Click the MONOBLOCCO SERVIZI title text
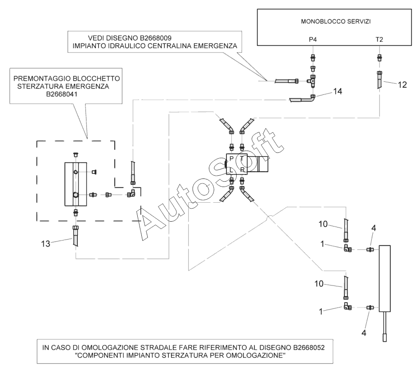(x=336, y=22)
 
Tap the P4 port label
(x=313, y=40)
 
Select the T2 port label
(x=379, y=40)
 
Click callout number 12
(x=402, y=85)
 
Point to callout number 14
(x=338, y=91)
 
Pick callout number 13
(x=45, y=243)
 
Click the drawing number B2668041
(x=62, y=94)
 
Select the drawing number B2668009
(x=156, y=38)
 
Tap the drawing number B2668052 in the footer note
(x=309, y=348)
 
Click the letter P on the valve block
(x=231, y=159)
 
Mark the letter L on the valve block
(x=231, y=170)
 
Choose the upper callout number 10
(x=323, y=224)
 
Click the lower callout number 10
(x=319, y=284)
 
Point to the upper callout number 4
(x=374, y=228)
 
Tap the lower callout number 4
(x=364, y=333)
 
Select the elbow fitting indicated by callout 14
(x=312, y=99)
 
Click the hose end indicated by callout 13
(x=76, y=236)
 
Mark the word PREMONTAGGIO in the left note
(x=42, y=79)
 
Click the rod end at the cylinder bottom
(x=384, y=338)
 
